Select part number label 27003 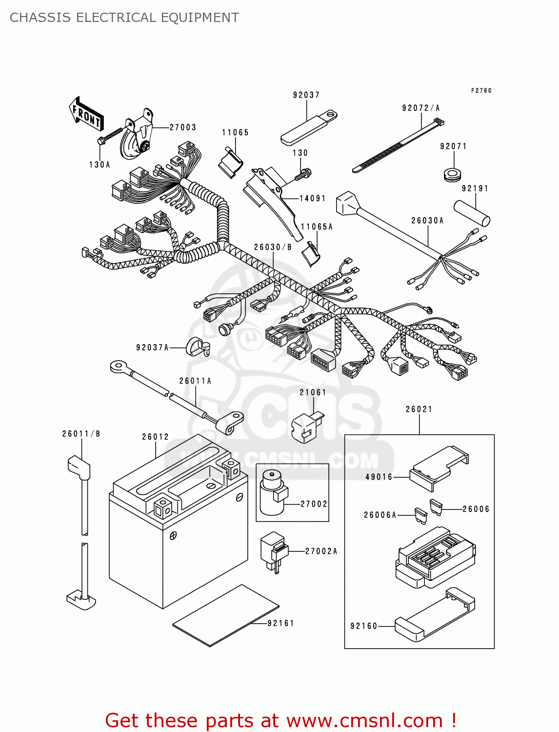tap(183, 127)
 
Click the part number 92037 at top tap(306, 95)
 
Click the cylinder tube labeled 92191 tap(472, 213)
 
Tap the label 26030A tap(427, 221)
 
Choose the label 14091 tap(312, 198)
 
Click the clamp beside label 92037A tap(198, 346)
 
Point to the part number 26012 tap(155, 437)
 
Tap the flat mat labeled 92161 tap(225, 616)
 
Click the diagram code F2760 tap(481, 91)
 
